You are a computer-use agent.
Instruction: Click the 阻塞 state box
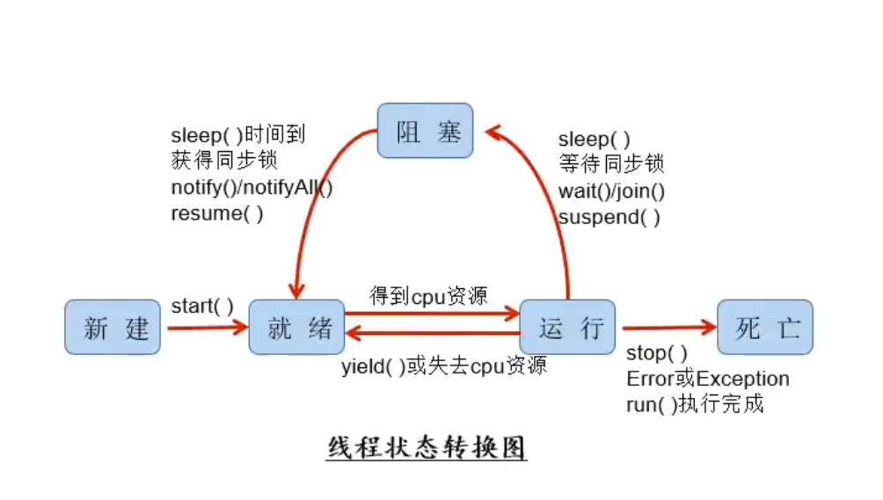pos(425,130)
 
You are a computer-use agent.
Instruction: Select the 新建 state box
pos(113,327)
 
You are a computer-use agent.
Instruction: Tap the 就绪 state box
pos(296,327)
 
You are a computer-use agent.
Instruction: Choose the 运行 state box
pos(567,327)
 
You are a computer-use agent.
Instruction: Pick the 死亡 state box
pos(765,327)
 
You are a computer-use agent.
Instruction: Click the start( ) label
pos(202,307)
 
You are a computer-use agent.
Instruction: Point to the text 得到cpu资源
pos(428,296)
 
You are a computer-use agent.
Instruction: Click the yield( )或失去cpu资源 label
pos(444,366)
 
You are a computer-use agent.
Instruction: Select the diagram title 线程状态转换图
pos(427,447)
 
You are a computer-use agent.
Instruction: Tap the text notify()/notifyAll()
pos(252,187)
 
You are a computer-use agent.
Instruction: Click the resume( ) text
pos(217,214)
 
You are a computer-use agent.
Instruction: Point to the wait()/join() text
pos(611,192)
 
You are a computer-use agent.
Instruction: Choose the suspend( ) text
pos(609,217)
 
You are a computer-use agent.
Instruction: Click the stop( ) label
pos(657,353)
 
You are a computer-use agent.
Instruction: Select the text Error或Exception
pos(708,379)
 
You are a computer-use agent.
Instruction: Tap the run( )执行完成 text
pos(695,404)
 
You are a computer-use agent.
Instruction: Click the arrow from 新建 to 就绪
pos(208,328)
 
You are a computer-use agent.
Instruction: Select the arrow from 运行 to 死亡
pos(669,327)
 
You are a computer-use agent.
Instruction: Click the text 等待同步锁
pos(611,164)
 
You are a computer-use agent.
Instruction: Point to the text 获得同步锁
pos(224,160)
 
